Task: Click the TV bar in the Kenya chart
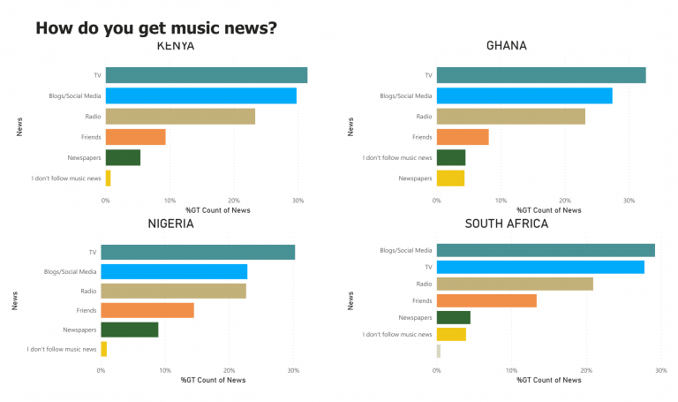point(206,75)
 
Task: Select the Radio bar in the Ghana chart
point(510,116)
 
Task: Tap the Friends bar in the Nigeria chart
point(147,310)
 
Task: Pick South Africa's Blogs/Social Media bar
point(546,250)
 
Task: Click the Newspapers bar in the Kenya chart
point(123,157)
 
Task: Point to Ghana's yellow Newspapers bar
point(450,178)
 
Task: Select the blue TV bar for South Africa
point(540,267)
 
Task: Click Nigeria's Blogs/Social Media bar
point(174,271)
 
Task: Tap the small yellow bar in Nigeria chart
point(104,349)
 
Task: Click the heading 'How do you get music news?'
point(156,28)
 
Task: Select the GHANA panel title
point(507,46)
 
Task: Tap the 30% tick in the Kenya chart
point(298,201)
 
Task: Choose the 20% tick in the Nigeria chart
point(229,370)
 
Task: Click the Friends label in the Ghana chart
point(422,137)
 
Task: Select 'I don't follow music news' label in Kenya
point(66,178)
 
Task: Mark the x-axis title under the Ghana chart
point(549,210)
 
